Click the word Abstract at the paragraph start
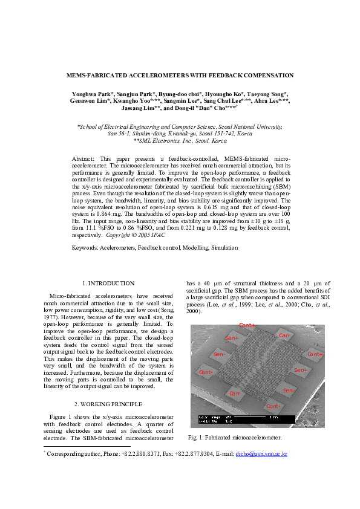coord(83,157)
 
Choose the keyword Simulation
coord(224,248)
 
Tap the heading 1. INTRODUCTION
coord(108,283)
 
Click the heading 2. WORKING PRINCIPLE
coord(108,403)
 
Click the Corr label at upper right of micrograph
coord(284,335)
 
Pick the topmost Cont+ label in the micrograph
coord(247,326)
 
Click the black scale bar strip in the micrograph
coord(247,419)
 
